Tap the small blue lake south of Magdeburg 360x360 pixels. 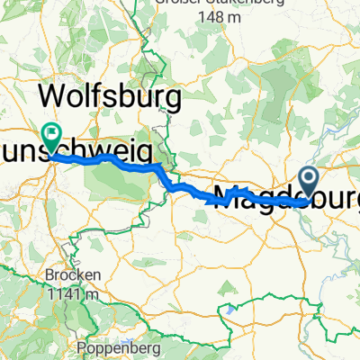tap(236, 309)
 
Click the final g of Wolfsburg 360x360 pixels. tap(175, 97)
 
